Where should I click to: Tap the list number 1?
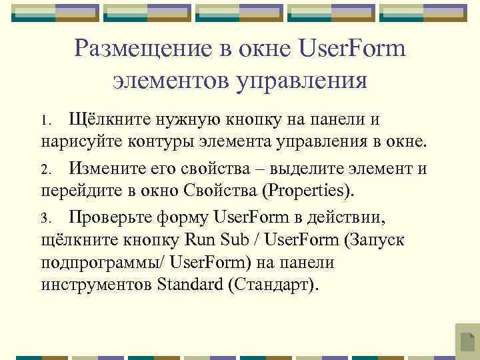44,121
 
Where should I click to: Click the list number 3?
45,218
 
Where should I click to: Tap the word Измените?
108,168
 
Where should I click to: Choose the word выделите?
306,168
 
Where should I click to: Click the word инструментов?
96,285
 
